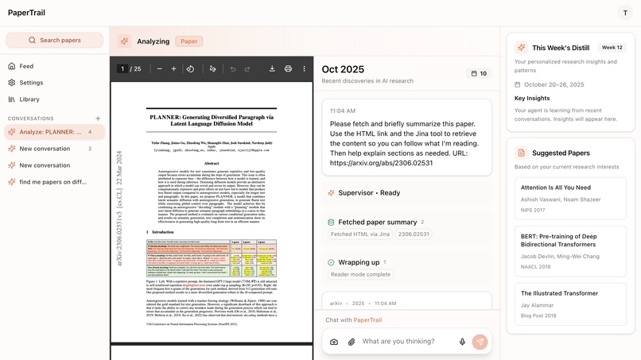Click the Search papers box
[x=54, y=40]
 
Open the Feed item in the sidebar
[x=26, y=66]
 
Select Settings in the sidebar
[x=31, y=83]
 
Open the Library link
[x=29, y=99]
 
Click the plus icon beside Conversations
[x=98, y=118]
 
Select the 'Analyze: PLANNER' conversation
[x=51, y=132]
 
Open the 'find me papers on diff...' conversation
[x=52, y=182]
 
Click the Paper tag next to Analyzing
[x=189, y=41]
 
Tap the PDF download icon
[x=272, y=69]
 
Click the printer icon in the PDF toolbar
[x=288, y=69]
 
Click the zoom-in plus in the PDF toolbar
[x=174, y=69]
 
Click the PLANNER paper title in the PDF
[x=212, y=121]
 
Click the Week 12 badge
[x=612, y=48]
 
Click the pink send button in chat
[x=480, y=342]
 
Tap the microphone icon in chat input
[x=462, y=342]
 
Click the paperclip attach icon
[x=351, y=342]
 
